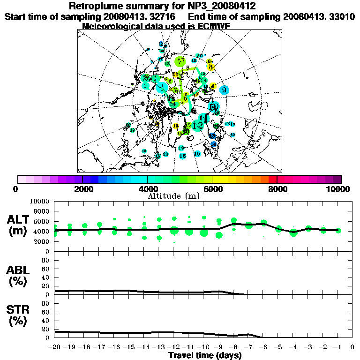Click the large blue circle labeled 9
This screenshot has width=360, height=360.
pyautogui.click(x=224, y=90)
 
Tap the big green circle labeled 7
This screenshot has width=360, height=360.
pyautogui.click(x=180, y=61)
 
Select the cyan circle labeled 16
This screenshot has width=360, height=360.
pyautogui.click(x=183, y=156)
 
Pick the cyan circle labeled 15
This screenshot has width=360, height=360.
pyautogui.click(x=197, y=154)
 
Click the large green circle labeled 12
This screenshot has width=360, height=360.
pyautogui.click(x=198, y=126)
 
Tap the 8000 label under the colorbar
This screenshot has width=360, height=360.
pyautogui.click(x=277, y=189)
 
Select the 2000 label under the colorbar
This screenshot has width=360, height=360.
pyautogui.click(x=82, y=189)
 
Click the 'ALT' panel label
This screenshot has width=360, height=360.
pyautogui.click(x=19, y=220)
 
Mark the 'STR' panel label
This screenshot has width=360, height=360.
pyautogui.click(x=18, y=309)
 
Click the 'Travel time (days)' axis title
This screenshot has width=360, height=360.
pyautogui.click(x=205, y=355)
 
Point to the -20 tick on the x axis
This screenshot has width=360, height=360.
pyautogui.click(x=55, y=347)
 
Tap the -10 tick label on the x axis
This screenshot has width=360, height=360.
pyautogui.click(x=203, y=347)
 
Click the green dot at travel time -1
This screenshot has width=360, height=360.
pyautogui.click(x=338, y=230)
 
